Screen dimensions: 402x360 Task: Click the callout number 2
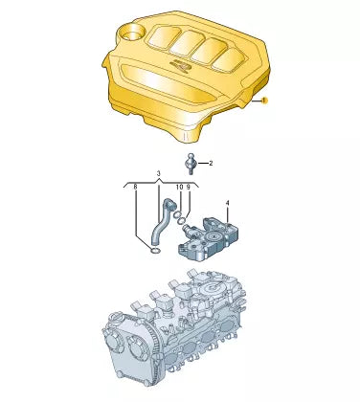point(210,163)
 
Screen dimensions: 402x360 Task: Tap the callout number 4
point(227,203)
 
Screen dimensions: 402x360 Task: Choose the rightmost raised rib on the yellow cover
point(227,57)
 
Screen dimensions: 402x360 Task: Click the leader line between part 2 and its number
point(201,163)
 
